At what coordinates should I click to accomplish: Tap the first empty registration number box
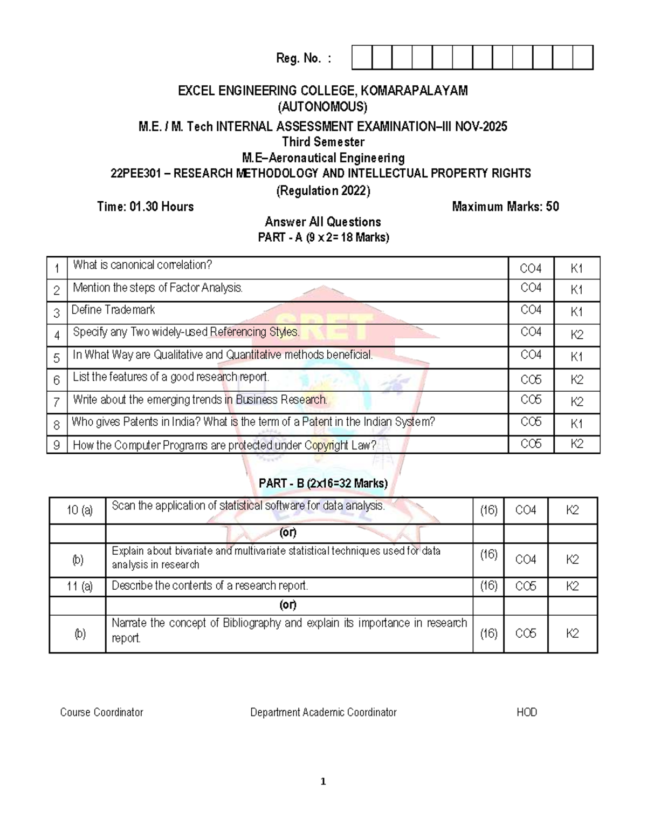tap(362, 58)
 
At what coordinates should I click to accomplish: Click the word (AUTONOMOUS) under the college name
tap(322, 107)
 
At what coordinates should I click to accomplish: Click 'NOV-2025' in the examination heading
tap(481, 127)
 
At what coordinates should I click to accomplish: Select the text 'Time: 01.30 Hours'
tap(145, 207)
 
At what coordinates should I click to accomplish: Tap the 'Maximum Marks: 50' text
tap(505, 207)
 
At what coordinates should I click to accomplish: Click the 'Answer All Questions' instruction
tap(322, 222)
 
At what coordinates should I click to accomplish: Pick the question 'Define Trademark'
tap(113, 310)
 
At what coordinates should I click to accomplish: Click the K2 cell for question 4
tap(576, 335)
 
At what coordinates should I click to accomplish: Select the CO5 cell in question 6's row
tap(531, 379)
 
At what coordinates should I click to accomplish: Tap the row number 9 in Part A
tap(57, 446)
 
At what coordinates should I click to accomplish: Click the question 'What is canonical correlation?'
tap(142, 265)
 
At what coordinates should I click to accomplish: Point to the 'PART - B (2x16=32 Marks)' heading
tap(323, 483)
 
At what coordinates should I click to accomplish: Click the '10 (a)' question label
tap(79, 510)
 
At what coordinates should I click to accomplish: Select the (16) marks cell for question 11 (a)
tap(488, 586)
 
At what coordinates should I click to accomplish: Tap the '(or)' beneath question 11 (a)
tap(288, 604)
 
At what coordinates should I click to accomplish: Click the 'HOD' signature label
tap(527, 712)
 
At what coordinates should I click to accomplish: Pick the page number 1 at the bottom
tap(323, 781)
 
